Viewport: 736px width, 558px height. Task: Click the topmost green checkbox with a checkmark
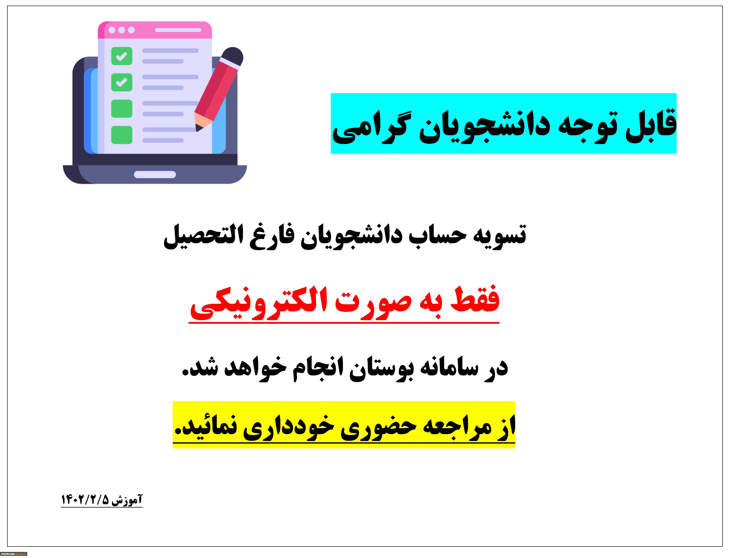[122, 56]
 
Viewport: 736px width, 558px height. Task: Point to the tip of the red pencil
[197, 130]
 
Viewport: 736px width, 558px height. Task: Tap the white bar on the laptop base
[155, 174]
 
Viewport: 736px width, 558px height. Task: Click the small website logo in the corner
[14, 554]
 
